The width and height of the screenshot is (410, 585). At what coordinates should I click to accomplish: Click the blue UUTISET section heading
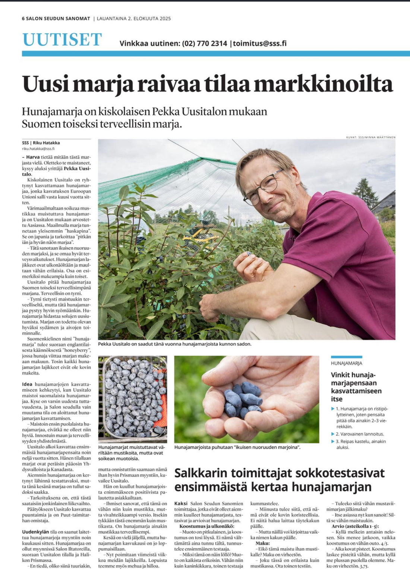click(x=62, y=40)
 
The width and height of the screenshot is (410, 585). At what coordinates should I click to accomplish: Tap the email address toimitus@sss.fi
click(x=260, y=44)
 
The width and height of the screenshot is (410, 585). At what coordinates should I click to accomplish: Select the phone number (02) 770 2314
click(x=204, y=44)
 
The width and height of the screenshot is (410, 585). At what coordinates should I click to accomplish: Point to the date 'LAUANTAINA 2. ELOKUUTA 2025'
click(x=134, y=19)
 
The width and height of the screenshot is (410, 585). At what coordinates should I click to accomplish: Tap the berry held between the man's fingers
click(x=249, y=254)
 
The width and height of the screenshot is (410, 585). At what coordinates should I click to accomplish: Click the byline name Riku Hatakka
click(x=46, y=143)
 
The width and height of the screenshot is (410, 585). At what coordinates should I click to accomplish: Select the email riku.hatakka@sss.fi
click(x=38, y=149)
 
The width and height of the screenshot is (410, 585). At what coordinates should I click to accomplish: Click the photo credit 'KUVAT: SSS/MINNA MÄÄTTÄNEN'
click(x=370, y=137)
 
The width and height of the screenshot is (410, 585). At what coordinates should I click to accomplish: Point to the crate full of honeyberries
click(x=133, y=398)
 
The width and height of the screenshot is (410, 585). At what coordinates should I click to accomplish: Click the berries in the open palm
click(x=242, y=399)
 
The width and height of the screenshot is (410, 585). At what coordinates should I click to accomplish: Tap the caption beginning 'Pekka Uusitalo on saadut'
click(x=174, y=344)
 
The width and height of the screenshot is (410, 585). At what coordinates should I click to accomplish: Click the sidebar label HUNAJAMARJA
click(x=346, y=363)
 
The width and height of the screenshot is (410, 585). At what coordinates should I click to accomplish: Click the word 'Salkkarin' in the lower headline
click(x=201, y=473)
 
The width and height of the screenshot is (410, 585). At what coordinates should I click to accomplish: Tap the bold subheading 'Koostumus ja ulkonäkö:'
click(x=207, y=526)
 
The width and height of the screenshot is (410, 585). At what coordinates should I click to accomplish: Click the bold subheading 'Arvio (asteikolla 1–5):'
click(x=355, y=526)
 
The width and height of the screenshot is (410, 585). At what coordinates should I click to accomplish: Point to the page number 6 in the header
click(x=23, y=19)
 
